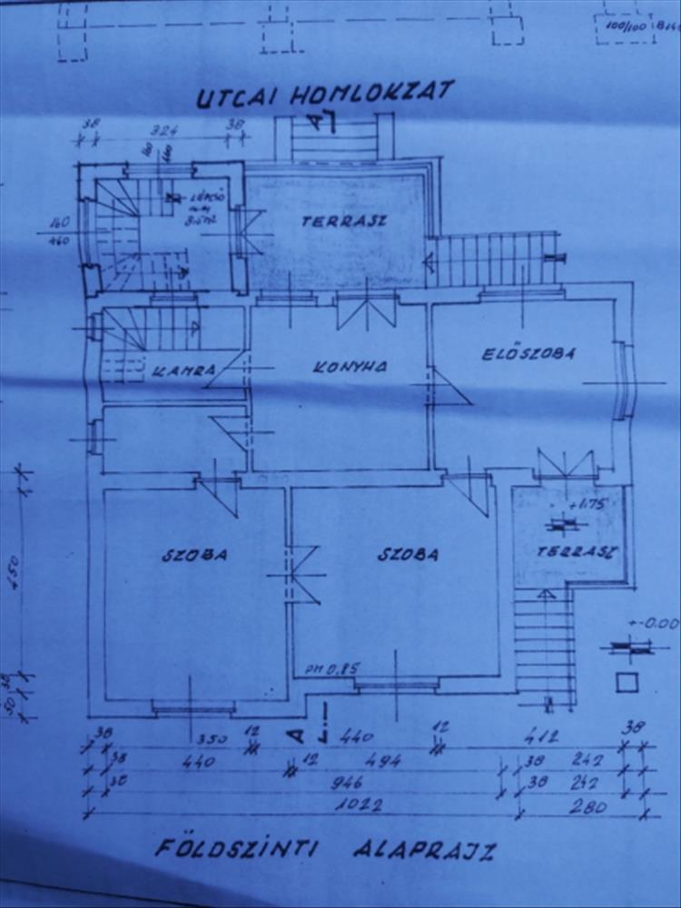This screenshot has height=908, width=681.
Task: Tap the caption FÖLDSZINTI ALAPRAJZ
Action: (x=324, y=851)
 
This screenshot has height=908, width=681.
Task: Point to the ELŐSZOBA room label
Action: (x=528, y=354)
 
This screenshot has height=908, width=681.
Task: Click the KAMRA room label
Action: (x=184, y=370)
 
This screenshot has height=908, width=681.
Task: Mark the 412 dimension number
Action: (x=549, y=735)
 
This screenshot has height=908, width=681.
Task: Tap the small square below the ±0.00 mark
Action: (x=624, y=682)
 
